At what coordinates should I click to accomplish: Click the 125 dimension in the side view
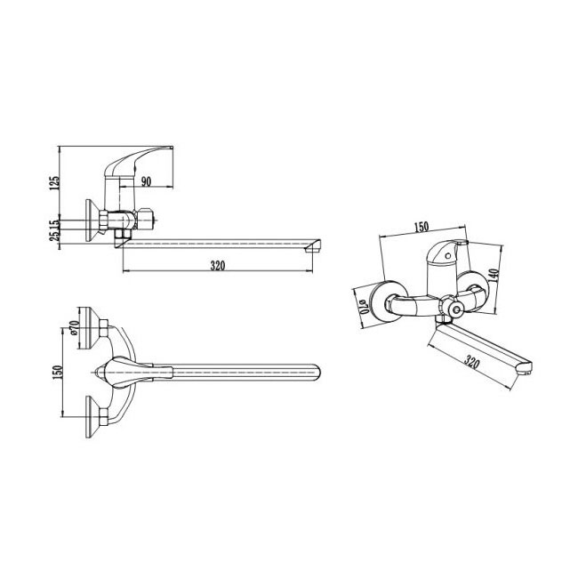click(54, 183)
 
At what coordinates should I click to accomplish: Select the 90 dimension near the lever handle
click(146, 181)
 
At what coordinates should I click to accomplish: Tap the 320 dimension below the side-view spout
click(218, 265)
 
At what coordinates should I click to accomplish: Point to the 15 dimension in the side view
click(54, 224)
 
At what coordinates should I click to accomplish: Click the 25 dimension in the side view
click(54, 236)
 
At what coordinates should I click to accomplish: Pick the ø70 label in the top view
click(74, 328)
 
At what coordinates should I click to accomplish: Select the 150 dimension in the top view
click(58, 373)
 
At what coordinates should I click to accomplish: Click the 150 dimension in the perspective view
click(421, 227)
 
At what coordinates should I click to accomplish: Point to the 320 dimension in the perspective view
click(471, 363)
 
